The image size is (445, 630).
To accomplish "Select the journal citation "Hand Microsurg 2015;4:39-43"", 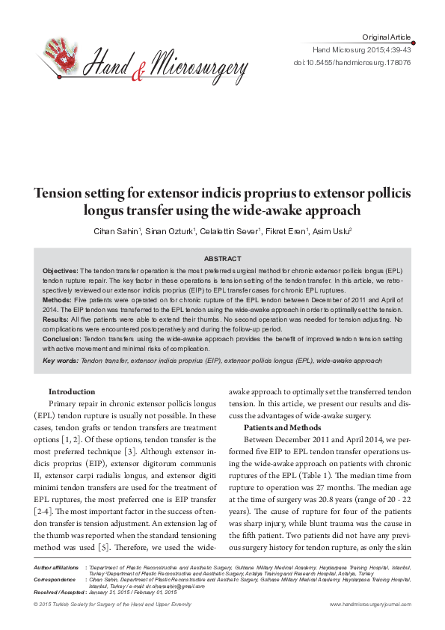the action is [361, 50].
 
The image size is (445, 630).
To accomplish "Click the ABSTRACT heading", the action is [222, 257].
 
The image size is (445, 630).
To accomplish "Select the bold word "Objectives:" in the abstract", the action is [61, 270].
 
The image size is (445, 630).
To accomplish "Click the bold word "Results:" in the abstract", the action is [56, 319].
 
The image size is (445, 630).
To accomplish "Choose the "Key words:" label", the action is [60, 361].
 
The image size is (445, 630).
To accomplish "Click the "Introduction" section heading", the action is [72, 391].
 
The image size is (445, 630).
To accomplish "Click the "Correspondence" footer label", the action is [55, 580].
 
